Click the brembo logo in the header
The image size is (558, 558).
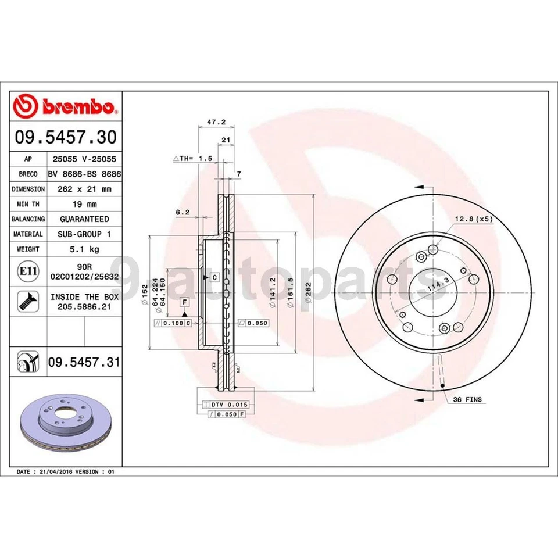point(66,107)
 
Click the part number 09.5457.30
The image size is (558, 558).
point(66,137)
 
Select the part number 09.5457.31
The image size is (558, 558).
point(84,363)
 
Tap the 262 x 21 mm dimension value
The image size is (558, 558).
point(84,189)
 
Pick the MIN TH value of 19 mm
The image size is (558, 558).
point(84,204)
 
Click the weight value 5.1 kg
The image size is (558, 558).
point(84,249)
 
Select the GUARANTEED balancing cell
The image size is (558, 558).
point(84,219)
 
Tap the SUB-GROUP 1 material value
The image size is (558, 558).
point(84,234)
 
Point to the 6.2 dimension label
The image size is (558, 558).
point(183,213)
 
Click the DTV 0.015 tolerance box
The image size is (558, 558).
point(224,404)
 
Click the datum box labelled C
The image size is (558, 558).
point(214,277)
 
